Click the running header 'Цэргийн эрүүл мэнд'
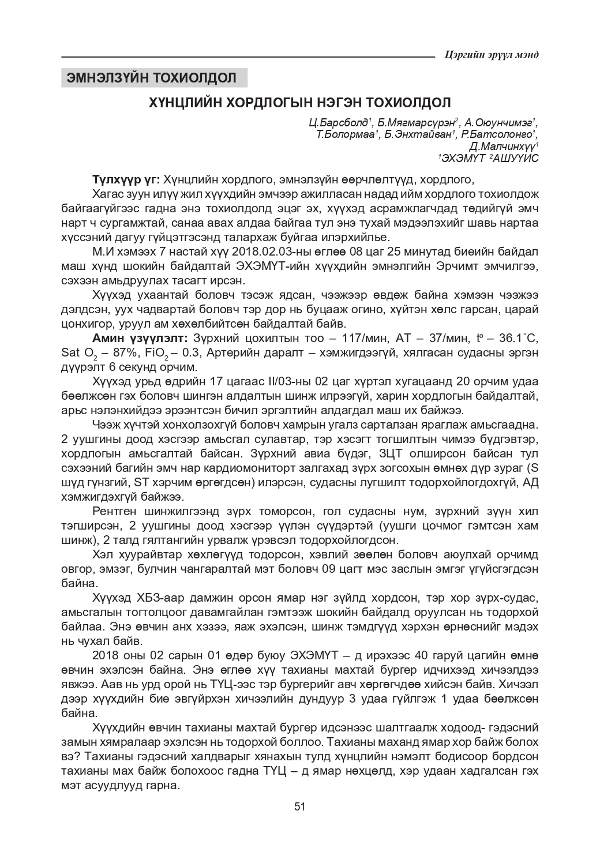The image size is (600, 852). [492, 55]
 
